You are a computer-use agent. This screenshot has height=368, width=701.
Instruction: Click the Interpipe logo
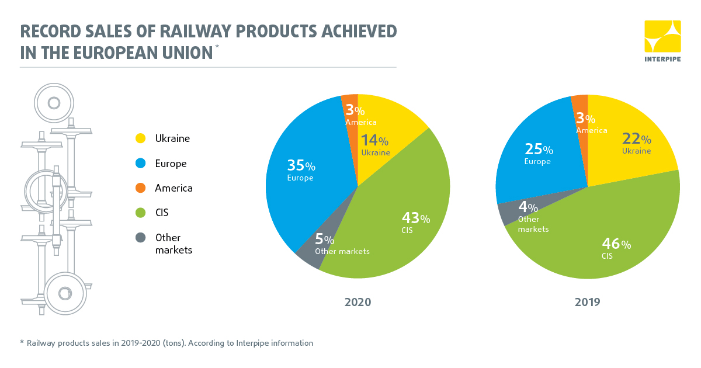click(x=662, y=41)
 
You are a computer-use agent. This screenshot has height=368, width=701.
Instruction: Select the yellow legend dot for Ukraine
click(x=140, y=139)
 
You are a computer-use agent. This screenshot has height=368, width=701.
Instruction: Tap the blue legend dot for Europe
click(x=140, y=164)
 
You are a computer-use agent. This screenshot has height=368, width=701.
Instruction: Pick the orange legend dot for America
click(x=140, y=188)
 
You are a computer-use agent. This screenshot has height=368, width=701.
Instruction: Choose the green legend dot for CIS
click(x=140, y=213)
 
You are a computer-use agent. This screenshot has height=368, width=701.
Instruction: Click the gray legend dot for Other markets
click(x=140, y=238)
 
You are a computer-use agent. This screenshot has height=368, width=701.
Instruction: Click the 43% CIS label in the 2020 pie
click(x=415, y=223)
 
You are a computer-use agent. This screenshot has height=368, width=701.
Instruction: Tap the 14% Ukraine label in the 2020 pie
click(x=375, y=145)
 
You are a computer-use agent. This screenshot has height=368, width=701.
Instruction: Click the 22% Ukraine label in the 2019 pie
click(x=636, y=144)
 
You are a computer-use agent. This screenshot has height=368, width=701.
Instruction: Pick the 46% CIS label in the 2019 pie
click(x=616, y=249)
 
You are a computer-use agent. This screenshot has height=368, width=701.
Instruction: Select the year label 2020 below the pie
click(x=358, y=303)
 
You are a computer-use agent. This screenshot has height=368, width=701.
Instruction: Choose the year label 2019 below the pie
click(x=587, y=303)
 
